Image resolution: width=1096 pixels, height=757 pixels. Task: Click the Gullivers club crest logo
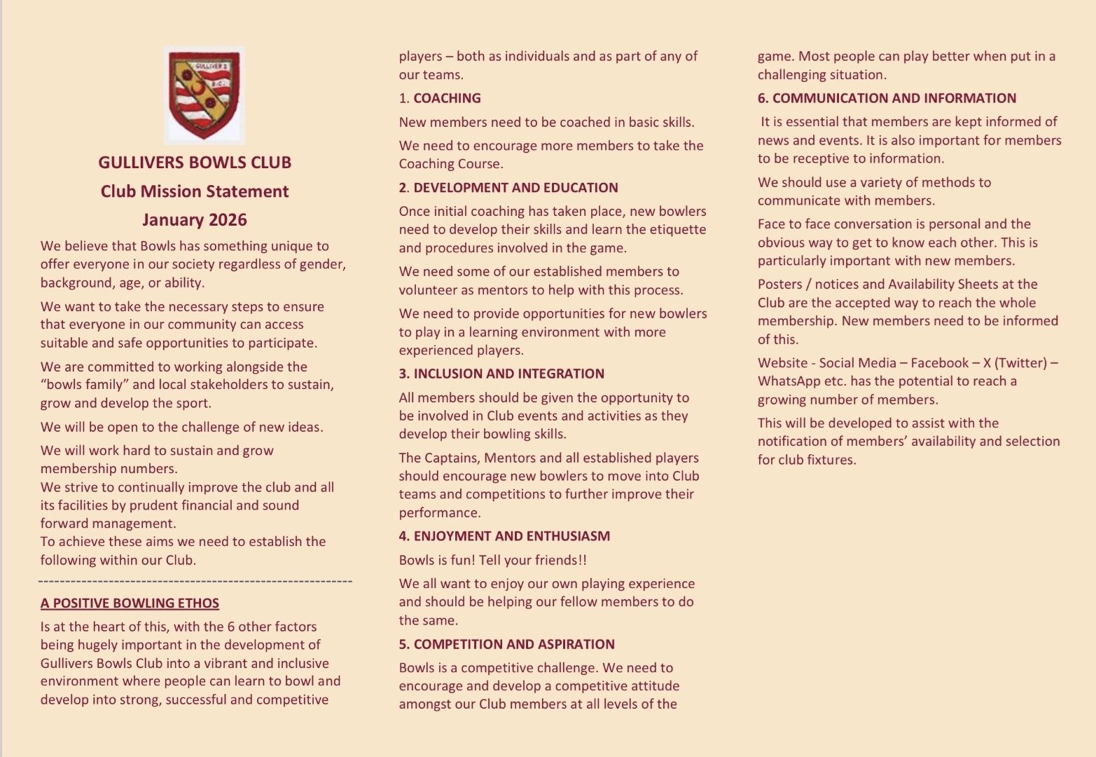tap(204, 95)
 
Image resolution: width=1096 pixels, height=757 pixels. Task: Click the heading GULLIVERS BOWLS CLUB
tap(195, 163)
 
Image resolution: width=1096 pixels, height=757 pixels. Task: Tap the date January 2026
tap(195, 220)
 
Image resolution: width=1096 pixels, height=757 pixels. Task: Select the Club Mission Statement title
tap(195, 191)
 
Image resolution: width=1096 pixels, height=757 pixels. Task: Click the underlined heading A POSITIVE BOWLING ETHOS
tap(130, 603)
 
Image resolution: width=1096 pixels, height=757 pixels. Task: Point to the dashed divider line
tap(195, 581)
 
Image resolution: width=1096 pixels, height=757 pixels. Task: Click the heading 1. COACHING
tap(440, 99)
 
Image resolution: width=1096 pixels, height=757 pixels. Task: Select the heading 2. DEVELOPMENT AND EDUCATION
tap(508, 188)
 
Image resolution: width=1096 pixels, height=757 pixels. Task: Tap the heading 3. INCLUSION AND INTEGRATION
tap(501, 374)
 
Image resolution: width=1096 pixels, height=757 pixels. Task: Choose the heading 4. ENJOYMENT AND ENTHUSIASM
tap(504, 536)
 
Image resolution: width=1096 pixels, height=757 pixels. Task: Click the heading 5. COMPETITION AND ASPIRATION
tap(506, 645)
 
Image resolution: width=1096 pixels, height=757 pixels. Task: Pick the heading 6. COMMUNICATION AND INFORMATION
tap(887, 99)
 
